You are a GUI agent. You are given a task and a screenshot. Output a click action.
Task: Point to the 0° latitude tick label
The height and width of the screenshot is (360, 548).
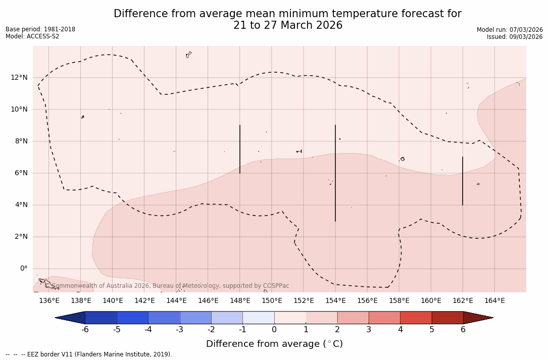(23, 269)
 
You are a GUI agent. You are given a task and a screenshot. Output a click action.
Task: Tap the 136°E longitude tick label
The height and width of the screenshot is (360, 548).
(49, 301)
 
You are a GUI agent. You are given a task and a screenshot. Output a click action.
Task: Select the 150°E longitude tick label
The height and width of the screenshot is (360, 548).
(272, 301)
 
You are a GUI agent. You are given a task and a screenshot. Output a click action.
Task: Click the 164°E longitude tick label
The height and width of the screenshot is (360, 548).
(494, 301)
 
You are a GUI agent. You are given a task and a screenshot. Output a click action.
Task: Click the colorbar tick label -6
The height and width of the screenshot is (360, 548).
(85, 330)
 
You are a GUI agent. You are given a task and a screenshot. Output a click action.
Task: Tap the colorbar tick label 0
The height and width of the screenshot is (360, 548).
(274, 330)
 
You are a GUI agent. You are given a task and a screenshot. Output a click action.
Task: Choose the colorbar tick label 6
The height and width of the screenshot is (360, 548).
(463, 330)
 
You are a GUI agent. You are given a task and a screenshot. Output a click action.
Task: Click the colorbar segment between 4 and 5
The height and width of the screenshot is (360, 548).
(416, 318)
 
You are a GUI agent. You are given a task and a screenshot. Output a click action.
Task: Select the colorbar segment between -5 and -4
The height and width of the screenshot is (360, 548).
(132, 318)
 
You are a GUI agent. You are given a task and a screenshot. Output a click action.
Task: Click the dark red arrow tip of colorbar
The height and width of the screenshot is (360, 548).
(478, 318)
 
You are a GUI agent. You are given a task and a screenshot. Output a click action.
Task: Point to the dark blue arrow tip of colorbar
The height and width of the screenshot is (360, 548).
(70, 318)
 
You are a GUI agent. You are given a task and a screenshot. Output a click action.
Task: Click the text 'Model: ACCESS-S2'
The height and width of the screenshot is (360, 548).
(32, 36)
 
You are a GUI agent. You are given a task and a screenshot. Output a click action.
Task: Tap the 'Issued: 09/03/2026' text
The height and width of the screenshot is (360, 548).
(515, 37)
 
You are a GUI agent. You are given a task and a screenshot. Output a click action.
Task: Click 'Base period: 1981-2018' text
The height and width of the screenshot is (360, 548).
(40, 29)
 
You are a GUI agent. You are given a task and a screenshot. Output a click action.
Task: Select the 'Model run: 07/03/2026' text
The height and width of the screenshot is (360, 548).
(510, 30)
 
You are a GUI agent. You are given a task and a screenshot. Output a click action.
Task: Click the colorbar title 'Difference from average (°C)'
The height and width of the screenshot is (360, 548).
(274, 344)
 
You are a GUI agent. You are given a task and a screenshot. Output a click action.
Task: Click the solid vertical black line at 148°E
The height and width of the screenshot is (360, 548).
(240, 149)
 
